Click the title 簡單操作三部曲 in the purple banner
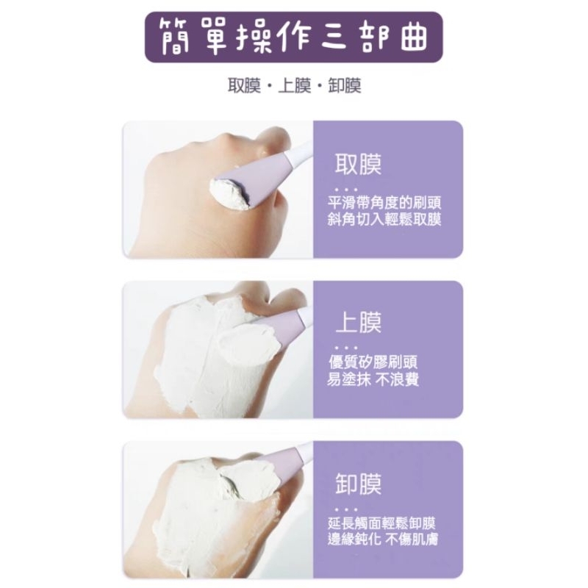tap(293, 37)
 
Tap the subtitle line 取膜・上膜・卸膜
tap(295, 86)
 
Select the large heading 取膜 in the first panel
tap(358, 164)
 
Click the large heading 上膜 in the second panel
tap(358, 323)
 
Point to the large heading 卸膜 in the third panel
tap(358, 484)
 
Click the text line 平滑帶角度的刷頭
tap(384, 203)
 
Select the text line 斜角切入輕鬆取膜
tap(384, 219)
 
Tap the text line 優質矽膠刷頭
tap(373, 362)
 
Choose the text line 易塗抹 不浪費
tap(373, 379)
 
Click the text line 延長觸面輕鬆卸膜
tap(381, 523)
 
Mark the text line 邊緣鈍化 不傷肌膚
tap(382, 539)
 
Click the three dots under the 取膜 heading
tap(346, 190)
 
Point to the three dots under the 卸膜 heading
tap(346, 509)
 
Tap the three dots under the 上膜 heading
tap(346, 348)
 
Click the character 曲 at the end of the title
tap(414, 37)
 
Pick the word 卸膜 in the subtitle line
tap(345, 86)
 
